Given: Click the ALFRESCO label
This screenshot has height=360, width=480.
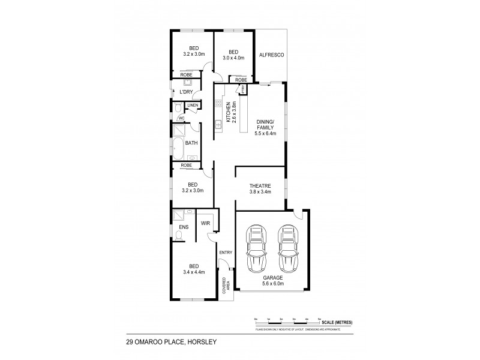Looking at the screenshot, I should pos(271,55).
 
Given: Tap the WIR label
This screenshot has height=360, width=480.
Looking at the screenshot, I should pos(205,223).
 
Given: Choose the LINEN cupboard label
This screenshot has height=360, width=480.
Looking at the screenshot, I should pos(192,106).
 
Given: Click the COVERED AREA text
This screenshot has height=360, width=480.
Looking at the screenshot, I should pos(226,288).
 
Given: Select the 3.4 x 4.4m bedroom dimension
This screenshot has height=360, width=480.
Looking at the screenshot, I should pos(193,272).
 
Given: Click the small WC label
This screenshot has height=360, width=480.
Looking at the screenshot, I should pos(181,118).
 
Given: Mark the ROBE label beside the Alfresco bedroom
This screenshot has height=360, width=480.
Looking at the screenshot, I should pos(241,79).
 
